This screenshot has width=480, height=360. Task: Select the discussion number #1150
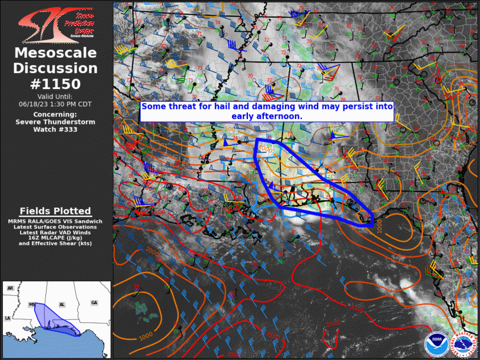pyautogui.click(x=55, y=84)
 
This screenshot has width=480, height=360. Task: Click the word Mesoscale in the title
pyautogui.click(x=55, y=54)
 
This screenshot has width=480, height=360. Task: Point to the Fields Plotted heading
pyautogui.click(x=55, y=211)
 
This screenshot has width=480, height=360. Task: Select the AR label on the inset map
pyautogui.click(x=11, y=288)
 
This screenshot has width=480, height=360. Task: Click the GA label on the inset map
pyautogui.click(x=94, y=302)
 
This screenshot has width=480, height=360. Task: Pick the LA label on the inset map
pyautogui.click(x=8, y=318)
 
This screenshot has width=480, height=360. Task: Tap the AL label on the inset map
pyautogui.click(x=61, y=305)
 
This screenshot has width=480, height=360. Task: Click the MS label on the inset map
pyautogui.click(x=32, y=305)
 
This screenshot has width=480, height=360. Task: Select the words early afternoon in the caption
pyautogui.click(x=266, y=117)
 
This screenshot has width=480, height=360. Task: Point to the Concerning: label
pyautogui.click(x=55, y=114)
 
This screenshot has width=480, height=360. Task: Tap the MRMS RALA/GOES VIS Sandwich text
pyautogui.click(x=55, y=221)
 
